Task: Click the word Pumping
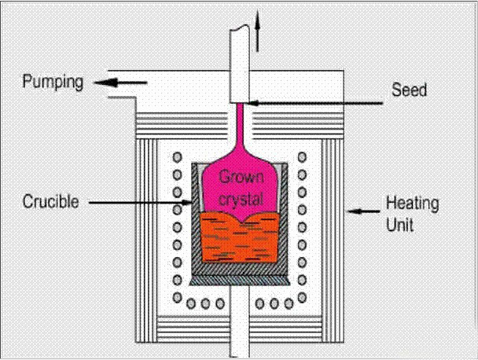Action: (52, 83)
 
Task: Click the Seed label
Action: (409, 90)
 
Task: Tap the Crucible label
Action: (50, 202)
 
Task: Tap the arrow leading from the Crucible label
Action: (142, 203)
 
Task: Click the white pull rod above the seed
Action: (239, 63)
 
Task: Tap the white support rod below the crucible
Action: (239, 314)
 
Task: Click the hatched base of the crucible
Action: (239, 272)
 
